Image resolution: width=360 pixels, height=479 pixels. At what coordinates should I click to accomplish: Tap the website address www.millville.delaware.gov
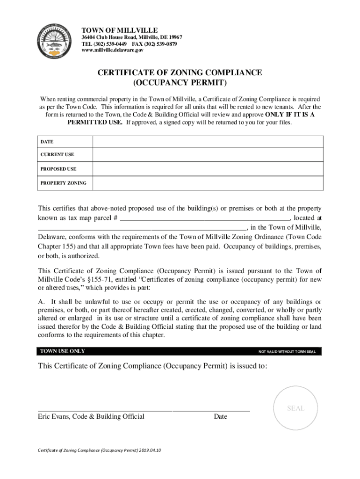pyautogui.click(x=116, y=50)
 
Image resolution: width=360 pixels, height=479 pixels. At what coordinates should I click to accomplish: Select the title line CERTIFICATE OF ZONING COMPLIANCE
pyautogui.click(x=180, y=73)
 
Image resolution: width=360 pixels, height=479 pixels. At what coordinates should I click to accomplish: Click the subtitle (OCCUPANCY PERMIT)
pyautogui.click(x=180, y=84)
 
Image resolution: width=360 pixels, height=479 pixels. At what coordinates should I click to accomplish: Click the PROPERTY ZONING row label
pyautogui.click(x=63, y=183)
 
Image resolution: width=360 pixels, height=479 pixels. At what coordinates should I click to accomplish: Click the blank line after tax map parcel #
pyautogui.click(x=205, y=218)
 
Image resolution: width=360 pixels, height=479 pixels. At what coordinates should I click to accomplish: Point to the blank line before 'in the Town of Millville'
pyautogui.click(x=142, y=228)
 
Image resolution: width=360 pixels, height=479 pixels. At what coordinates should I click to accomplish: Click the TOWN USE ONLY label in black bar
pyautogui.click(x=63, y=351)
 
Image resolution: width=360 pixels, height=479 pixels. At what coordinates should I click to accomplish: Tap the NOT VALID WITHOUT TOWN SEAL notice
pyautogui.click(x=287, y=352)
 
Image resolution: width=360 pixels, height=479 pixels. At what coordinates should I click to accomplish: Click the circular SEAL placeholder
pyautogui.click(x=295, y=408)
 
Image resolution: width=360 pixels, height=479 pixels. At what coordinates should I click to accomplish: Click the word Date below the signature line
pyautogui.click(x=220, y=416)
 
